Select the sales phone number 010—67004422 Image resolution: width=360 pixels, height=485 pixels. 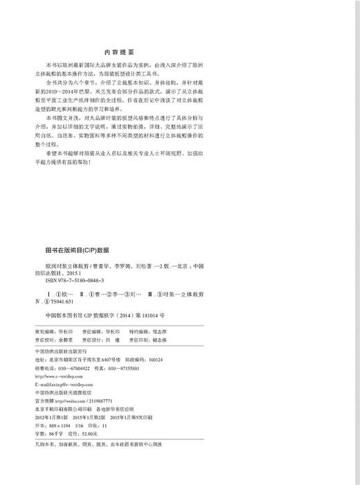point(80,368)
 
